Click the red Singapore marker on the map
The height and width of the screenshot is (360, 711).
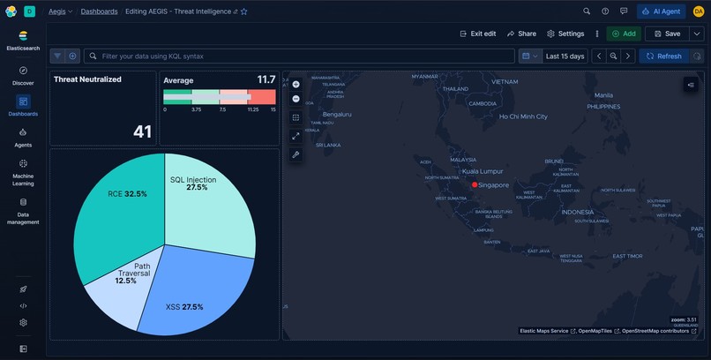pyautogui.click(x=475, y=184)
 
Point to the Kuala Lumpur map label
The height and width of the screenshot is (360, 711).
pyautogui.click(x=483, y=171)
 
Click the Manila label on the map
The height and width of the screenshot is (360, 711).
pyautogui.click(x=603, y=95)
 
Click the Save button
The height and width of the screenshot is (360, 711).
pyautogui.click(x=666, y=34)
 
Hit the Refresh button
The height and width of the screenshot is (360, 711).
pyautogui.click(x=662, y=56)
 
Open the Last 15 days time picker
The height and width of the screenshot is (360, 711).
pyautogui.click(x=565, y=56)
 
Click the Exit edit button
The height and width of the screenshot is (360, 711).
pyautogui.click(x=478, y=34)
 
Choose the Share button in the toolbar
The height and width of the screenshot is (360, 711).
pyautogui.click(x=521, y=34)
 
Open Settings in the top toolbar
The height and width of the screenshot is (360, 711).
pyautogui.click(x=565, y=34)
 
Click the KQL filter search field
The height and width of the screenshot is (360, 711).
pyautogui.click(x=300, y=56)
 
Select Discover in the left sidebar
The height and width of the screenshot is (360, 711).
pyautogui.click(x=23, y=74)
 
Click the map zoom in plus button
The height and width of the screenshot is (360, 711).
pyautogui.click(x=296, y=84)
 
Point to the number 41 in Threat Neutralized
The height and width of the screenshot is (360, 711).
pyautogui.click(x=143, y=131)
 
